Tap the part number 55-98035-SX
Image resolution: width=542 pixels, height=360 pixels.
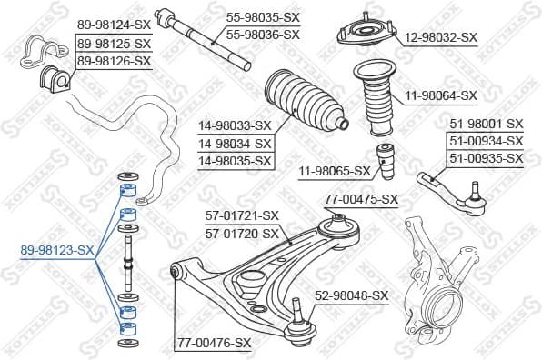(x=262, y=17)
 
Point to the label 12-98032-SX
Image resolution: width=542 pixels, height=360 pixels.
(x=440, y=37)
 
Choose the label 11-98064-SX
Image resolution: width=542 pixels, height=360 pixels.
(x=440, y=95)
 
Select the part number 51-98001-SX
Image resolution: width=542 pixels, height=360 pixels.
(x=487, y=125)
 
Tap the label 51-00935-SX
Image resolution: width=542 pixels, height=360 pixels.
(x=487, y=158)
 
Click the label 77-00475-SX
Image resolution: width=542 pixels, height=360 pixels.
(x=361, y=199)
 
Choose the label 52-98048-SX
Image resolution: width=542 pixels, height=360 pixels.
(x=351, y=295)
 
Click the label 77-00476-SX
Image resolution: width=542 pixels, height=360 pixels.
(x=213, y=342)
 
